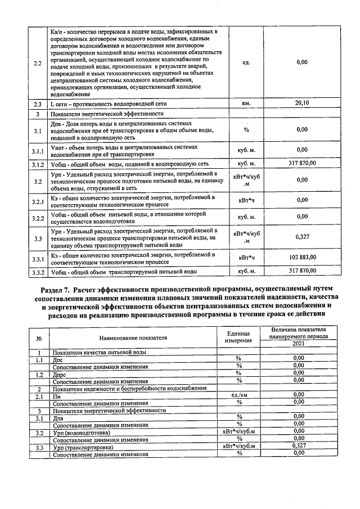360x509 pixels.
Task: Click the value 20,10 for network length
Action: [x=302, y=103]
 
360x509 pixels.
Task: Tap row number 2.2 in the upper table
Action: [x=37, y=62]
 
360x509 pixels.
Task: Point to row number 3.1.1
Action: [x=37, y=150]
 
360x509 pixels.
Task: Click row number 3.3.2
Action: [x=37, y=271]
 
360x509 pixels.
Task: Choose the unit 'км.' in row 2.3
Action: [x=246, y=103]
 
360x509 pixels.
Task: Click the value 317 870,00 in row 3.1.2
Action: [x=302, y=164]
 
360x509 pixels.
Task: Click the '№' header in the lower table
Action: [x=39, y=338]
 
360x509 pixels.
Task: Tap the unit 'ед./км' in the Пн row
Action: [x=239, y=395]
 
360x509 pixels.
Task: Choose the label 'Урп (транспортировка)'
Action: [x=83, y=447]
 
